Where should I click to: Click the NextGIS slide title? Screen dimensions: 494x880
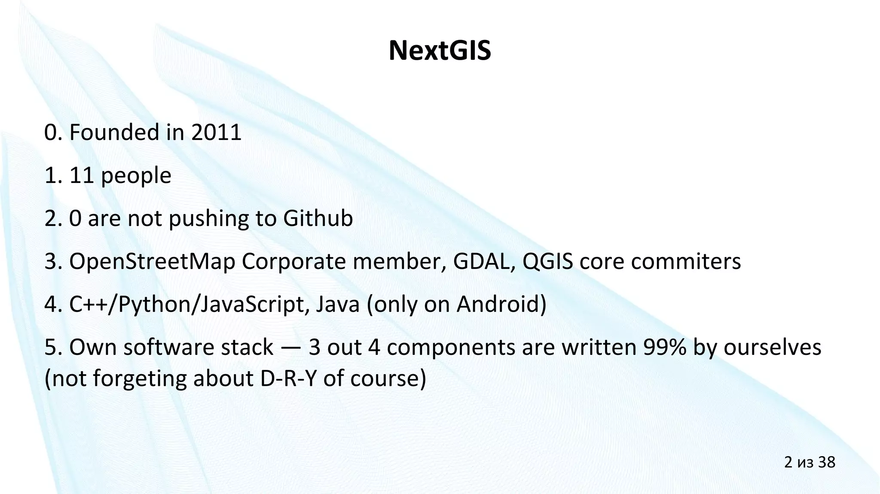[x=440, y=51]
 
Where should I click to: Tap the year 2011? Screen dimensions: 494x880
[x=216, y=132]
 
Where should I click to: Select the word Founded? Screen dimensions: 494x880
[x=114, y=132]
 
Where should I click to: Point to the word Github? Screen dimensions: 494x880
[x=318, y=218]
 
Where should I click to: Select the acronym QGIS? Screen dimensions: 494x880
[x=547, y=261]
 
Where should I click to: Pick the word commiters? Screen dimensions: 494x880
[x=686, y=261]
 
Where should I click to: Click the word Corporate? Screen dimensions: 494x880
[x=293, y=262]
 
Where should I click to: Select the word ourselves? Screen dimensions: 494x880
[x=773, y=347]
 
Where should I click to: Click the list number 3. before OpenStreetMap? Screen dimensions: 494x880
[x=53, y=262]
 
